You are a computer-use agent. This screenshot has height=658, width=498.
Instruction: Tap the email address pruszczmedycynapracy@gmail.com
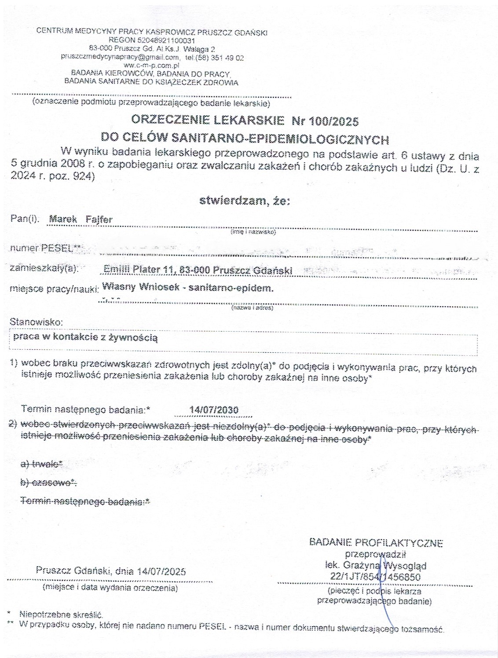120,57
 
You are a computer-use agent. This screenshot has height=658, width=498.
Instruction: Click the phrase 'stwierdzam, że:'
245,201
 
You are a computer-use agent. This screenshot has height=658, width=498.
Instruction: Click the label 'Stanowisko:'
36,322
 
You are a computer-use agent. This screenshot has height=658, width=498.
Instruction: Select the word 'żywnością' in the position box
135,338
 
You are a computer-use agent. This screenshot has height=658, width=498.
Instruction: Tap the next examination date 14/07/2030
214,410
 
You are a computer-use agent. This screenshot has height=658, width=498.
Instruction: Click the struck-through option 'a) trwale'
42,464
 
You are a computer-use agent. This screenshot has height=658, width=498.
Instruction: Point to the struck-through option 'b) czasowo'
48,483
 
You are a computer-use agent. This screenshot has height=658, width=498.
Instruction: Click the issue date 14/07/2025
161,571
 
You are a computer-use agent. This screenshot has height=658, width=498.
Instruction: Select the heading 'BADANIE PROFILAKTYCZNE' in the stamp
376,543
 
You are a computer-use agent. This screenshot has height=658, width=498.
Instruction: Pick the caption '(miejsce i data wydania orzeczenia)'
110,588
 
